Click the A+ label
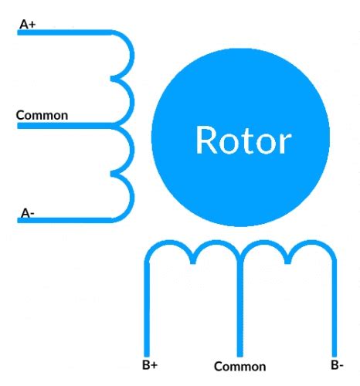click(27, 25)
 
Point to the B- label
click(337, 364)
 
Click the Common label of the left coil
click(42, 115)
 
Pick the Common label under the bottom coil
click(239, 367)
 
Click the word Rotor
click(243, 141)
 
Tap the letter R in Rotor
click(206, 141)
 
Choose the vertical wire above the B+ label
click(147, 309)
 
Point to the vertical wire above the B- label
click(335, 309)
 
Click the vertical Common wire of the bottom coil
click(241, 309)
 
